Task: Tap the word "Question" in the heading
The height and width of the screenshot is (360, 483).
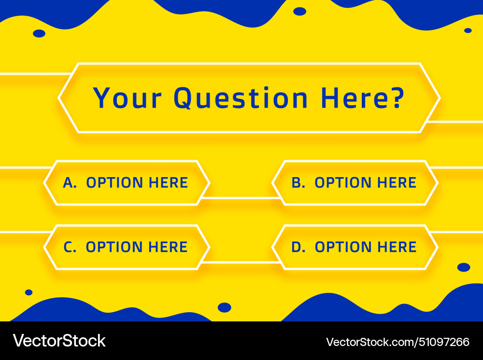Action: coord(241,98)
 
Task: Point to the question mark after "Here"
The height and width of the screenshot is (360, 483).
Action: coord(396,98)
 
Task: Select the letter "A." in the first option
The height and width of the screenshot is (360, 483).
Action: coord(70,183)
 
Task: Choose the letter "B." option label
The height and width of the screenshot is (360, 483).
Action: coord(298,183)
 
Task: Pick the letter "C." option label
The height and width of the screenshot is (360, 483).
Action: coord(70,247)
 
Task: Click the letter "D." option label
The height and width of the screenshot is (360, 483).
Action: coord(298,247)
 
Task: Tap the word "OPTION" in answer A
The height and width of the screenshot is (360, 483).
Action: coord(114,183)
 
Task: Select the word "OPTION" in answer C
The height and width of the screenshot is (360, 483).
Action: coord(114,247)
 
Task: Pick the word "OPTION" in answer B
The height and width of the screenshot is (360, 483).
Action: coord(343,183)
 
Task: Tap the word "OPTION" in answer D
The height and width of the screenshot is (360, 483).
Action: coord(343,247)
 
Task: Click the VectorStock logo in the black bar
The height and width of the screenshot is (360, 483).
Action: coord(59,341)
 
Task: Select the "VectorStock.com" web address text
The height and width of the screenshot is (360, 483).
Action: coord(369,342)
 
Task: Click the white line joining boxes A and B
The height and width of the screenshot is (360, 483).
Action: coord(240,198)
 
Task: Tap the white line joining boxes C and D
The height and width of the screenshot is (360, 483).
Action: coord(240,262)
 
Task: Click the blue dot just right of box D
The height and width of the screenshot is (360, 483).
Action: coord(463,267)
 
